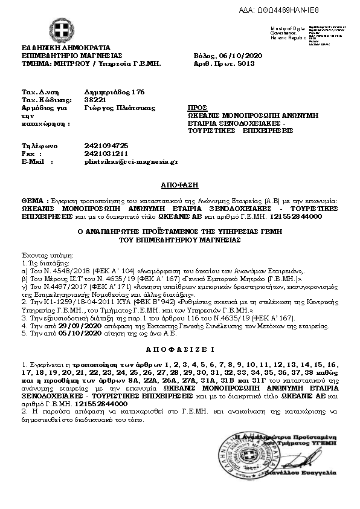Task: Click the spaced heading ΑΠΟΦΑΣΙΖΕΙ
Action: click(x=180, y=349)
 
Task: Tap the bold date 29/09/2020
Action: click(x=62, y=325)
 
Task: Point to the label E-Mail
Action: click(x=33, y=162)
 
